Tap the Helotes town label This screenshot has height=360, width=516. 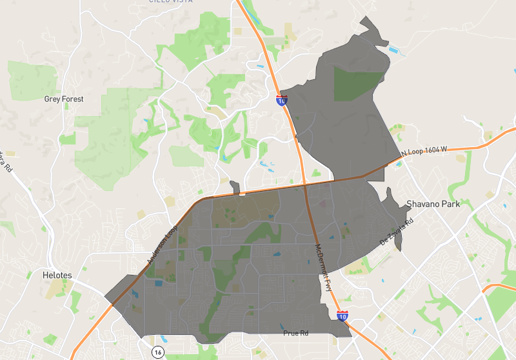(57, 275)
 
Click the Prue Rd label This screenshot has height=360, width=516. (296, 333)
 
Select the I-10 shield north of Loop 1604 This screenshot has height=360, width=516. (282, 100)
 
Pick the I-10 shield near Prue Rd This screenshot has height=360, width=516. (342, 315)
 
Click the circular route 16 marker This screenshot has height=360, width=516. (157, 352)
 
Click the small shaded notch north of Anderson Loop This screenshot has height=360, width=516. (235, 188)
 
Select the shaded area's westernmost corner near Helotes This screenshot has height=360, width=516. (105, 297)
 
